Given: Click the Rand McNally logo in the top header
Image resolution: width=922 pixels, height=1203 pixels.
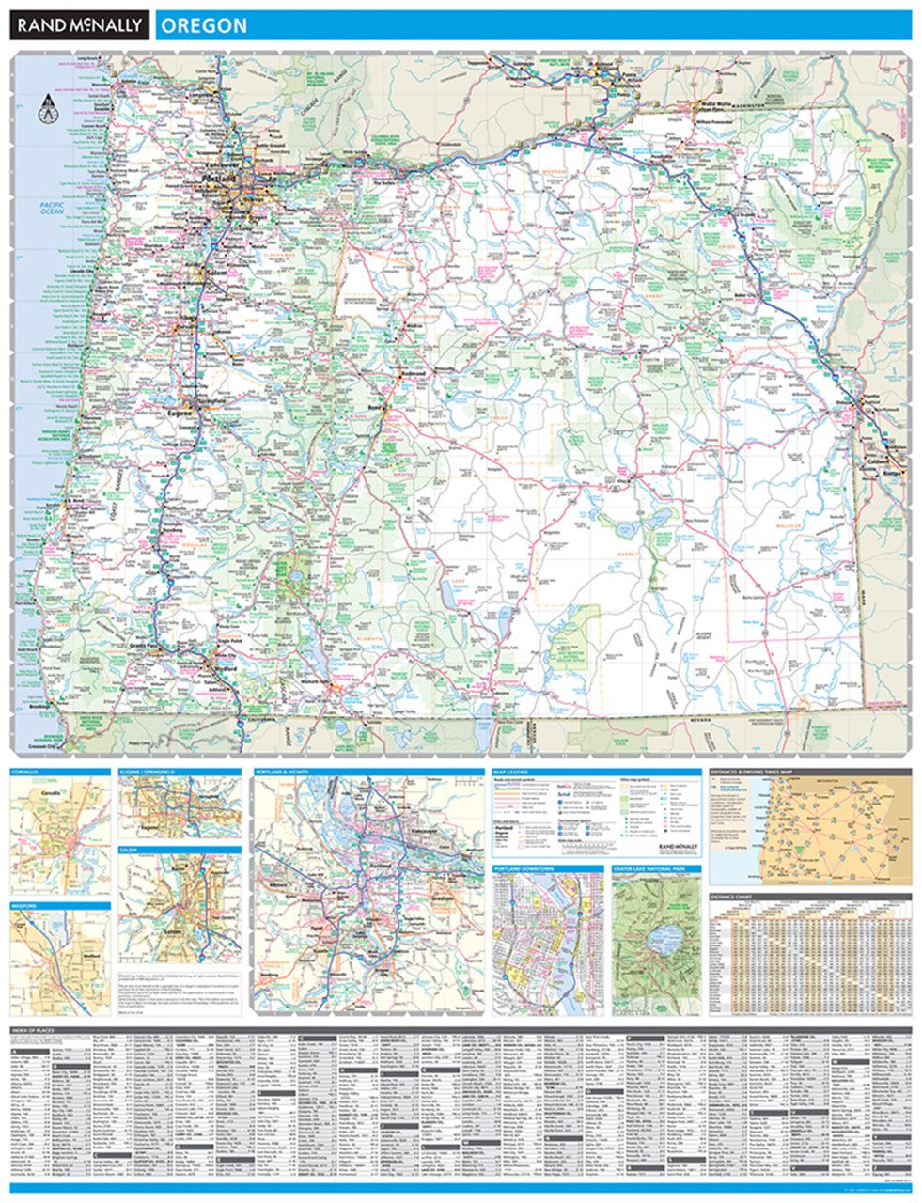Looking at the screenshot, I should tap(79, 25).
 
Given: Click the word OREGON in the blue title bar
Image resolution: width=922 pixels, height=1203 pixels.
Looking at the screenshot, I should tap(204, 25).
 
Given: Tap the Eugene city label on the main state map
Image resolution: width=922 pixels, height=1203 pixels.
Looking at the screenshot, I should tap(180, 412).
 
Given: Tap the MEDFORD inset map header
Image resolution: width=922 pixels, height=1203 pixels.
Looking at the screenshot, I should tap(25, 907).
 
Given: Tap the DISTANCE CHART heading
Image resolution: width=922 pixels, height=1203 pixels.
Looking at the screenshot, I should tap(735, 896).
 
